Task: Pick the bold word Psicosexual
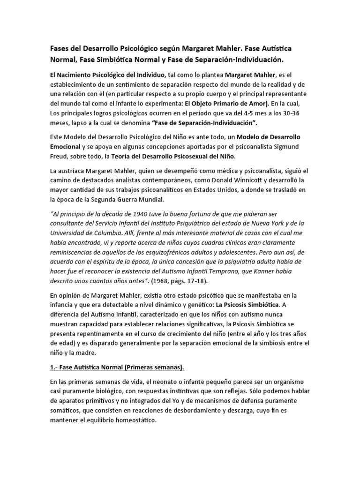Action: point(180,156)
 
